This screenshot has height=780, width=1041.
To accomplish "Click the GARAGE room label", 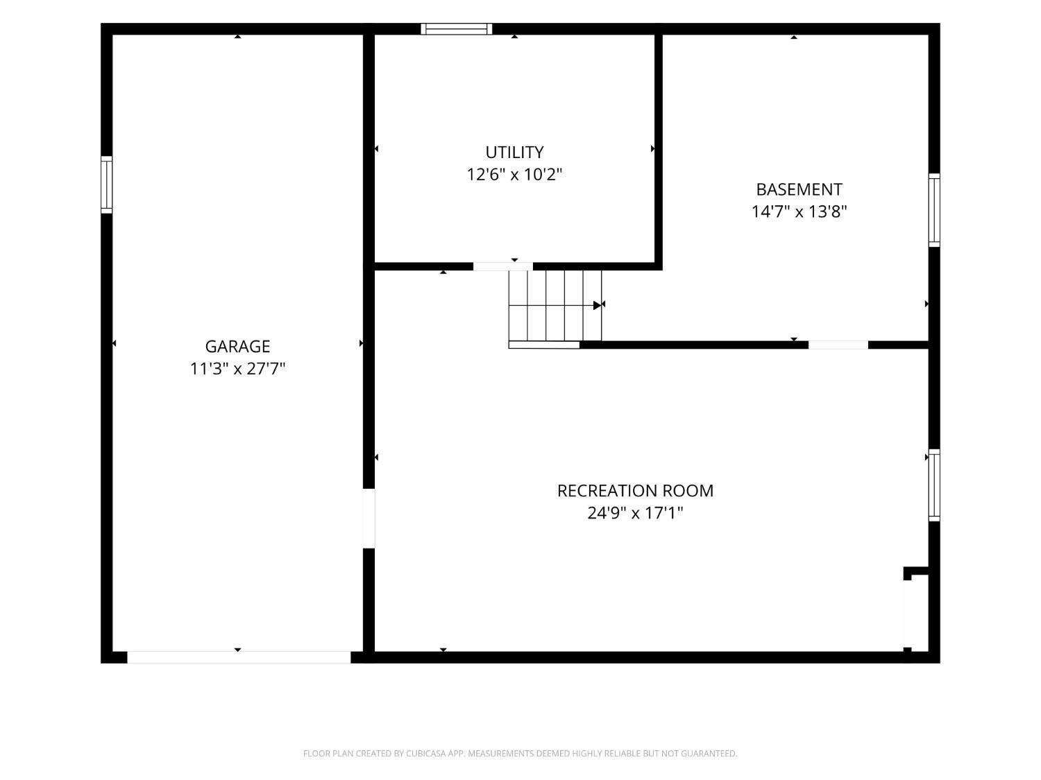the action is tap(237, 346).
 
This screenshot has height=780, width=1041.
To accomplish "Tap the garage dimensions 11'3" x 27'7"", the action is tap(237, 368).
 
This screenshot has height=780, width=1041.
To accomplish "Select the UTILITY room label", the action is tap(514, 152).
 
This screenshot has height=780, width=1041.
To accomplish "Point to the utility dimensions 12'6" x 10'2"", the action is tap(514, 174).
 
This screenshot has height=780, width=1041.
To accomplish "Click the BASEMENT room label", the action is tap(799, 189).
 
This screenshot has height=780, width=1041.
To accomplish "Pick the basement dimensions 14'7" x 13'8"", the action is tap(799, 211).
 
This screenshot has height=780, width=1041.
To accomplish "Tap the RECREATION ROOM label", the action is tap(635, 491).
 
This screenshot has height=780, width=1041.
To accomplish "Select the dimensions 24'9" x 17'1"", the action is tap(635, 513).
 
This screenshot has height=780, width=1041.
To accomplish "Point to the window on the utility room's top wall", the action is tap(456, 29).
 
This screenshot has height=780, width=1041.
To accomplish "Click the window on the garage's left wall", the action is tap(107, 184).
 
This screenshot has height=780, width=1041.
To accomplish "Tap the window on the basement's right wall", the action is tap(934, 210).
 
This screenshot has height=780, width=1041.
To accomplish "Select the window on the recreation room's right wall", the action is tap(934, 485).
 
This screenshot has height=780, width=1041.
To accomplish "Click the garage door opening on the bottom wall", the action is tap(239, 657).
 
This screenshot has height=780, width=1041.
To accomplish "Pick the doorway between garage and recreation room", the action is tap(369, 519).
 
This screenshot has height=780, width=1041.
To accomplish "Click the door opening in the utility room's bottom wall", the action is tap(503, 267).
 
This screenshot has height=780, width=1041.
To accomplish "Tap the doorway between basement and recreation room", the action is tap(838, 345).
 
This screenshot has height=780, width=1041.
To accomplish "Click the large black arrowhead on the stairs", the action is tap(597, 306).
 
